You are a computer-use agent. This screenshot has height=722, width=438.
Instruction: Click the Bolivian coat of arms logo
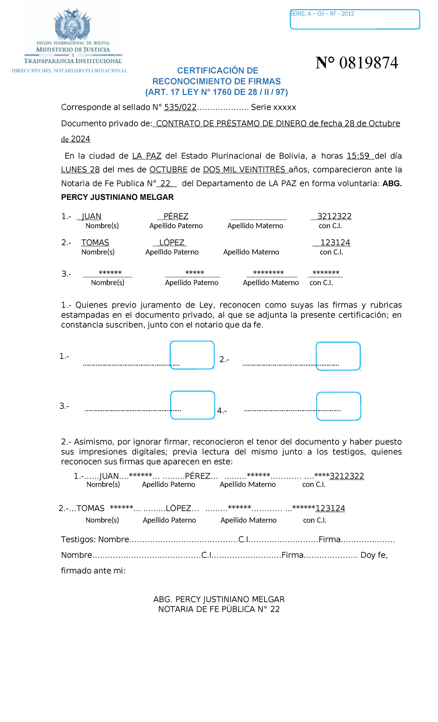[72, 24]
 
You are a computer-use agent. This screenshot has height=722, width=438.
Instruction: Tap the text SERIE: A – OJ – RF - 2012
[322, 14]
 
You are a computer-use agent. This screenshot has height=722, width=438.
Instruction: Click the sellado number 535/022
[180, 107]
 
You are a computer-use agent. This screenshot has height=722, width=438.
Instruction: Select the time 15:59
[360, 156]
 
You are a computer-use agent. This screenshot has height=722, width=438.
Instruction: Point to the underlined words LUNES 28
[80, 170]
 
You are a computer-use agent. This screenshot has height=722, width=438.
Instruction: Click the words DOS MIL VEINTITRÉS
[245, 170]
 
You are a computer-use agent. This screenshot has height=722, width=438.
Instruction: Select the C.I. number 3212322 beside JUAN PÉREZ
[334, 216]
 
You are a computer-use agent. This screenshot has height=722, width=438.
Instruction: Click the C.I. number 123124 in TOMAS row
[335, 243]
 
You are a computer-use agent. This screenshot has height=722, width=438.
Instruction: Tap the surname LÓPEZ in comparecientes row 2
[172, 243]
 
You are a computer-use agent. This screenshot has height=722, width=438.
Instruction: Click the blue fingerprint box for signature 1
[192, 355]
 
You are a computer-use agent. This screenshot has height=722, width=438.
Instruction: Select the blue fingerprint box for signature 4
[338, 406]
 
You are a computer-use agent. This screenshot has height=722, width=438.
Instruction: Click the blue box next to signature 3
[193, 405]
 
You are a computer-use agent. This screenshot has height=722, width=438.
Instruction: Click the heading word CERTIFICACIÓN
[212, 71]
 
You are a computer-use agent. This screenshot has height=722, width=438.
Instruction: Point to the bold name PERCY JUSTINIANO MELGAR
[117, 197]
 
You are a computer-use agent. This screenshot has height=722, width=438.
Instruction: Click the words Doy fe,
[374, 555]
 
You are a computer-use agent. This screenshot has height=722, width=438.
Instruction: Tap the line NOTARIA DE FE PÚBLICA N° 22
[219, 609]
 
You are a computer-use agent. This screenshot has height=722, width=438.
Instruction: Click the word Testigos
[78, 540]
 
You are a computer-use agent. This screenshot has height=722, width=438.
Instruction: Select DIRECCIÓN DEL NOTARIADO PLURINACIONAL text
[69, 71]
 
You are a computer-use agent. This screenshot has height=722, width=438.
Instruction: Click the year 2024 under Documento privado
[80, 139]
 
